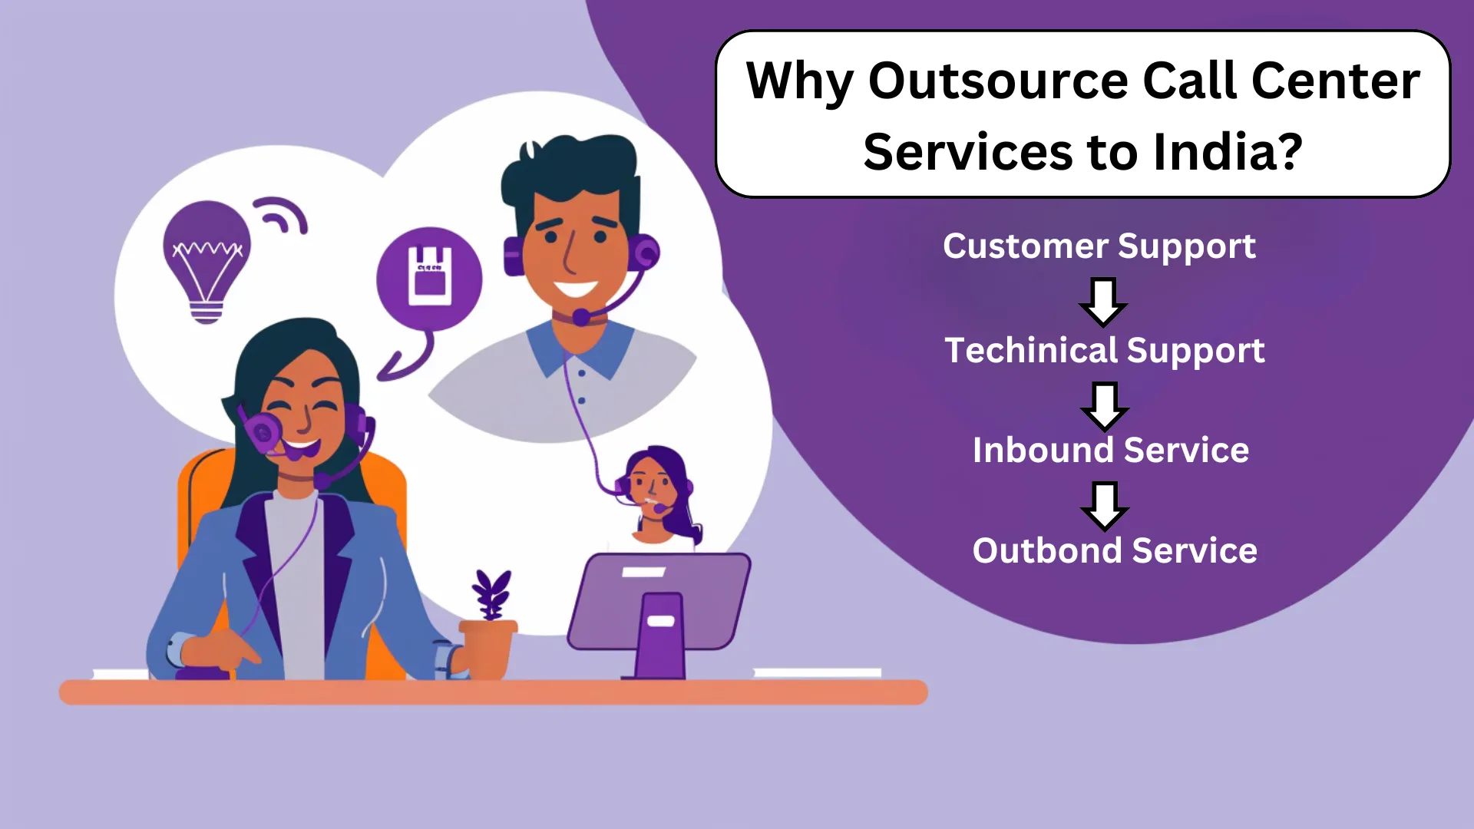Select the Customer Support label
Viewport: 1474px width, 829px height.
[x=1099, y=247]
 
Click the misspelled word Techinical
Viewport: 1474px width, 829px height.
[x=1030, y=350]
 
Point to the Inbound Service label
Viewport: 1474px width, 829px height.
[x=1111, y=450]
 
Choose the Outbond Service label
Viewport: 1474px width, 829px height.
[x=1115, y=550]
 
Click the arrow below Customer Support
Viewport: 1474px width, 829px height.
[x=1103, y=302]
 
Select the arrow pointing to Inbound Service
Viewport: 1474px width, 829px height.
[x=1104, y=407]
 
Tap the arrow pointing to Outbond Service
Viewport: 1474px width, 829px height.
[x=1105, y=507]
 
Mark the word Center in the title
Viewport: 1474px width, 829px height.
[x=1335, y=81]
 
